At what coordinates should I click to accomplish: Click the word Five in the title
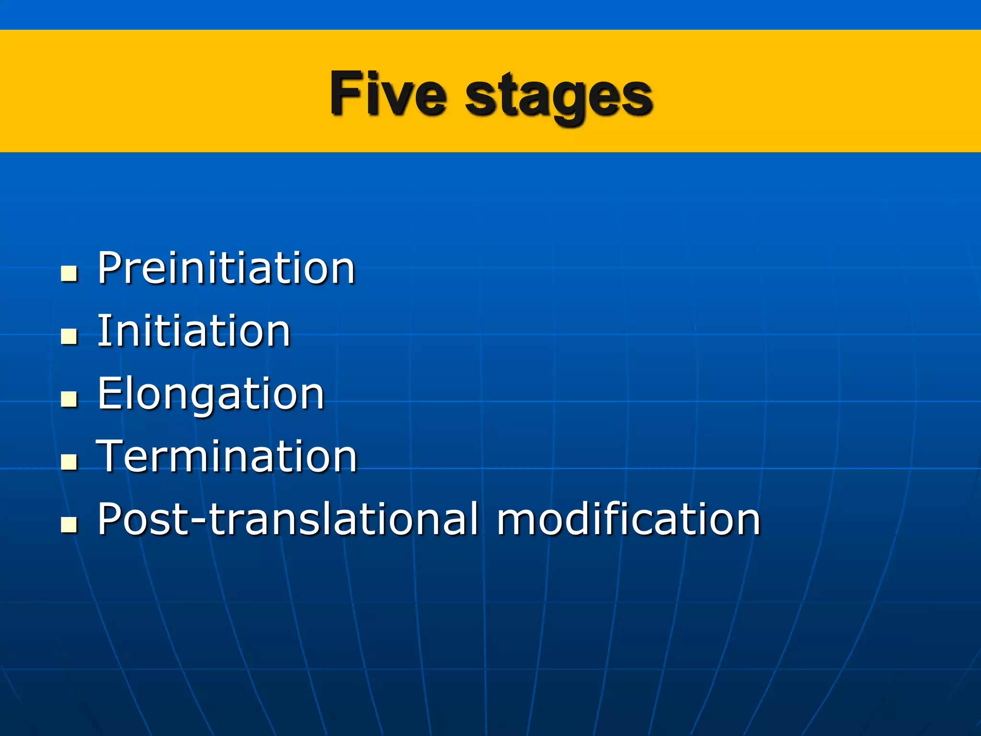[388, 93]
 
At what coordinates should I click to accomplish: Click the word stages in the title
[559, 96]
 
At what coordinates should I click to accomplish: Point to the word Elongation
[211, 394]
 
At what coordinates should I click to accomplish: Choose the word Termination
[227, 456]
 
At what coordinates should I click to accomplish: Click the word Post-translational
[287, 519]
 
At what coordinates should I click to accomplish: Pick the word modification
[628, 519]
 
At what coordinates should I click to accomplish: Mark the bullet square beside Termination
[69, 462]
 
